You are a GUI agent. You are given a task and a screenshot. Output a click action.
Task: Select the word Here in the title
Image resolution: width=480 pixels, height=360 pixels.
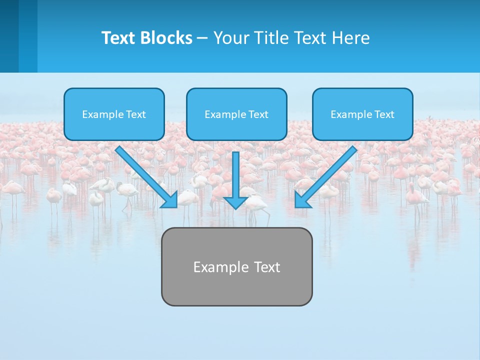point(351,38)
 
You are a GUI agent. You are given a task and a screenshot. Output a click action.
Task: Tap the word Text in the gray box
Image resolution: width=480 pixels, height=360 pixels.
point(267,267)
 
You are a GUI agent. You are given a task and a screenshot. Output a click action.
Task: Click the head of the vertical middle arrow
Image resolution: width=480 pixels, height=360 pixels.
point(235,202)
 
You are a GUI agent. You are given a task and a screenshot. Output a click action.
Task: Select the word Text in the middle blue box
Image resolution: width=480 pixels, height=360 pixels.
point(258,114)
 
